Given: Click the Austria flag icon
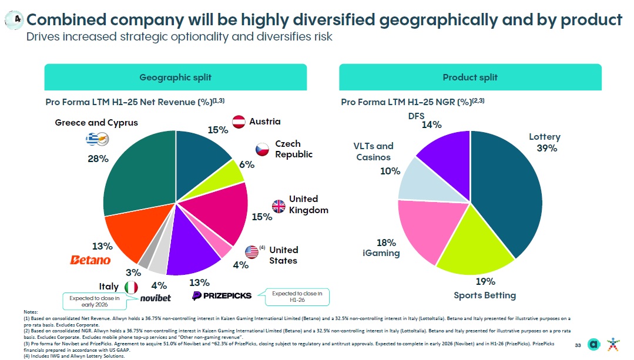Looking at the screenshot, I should point(239,122).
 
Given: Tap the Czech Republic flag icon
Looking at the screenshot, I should point(262,150).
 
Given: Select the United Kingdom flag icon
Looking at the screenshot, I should point(278,206).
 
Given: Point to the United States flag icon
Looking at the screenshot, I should point(251,252).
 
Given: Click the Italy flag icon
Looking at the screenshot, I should point(132,287).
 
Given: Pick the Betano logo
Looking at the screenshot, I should point(90,260).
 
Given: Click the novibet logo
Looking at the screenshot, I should point(156,298).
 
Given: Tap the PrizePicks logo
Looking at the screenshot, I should point(222,295).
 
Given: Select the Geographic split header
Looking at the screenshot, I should point(175,78).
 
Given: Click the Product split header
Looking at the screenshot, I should point(470,78).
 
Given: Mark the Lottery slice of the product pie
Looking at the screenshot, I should point(505,188).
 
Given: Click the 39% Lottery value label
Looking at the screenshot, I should point(546,148).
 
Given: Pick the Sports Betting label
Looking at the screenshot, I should point(485,295).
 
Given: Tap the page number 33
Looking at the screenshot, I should point(578,344).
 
